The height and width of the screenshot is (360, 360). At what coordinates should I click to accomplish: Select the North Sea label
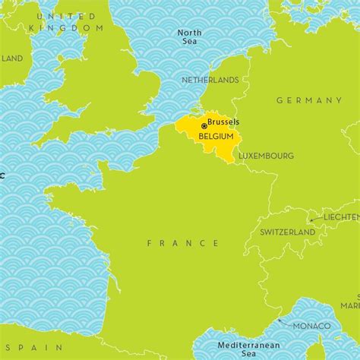pos(189,36)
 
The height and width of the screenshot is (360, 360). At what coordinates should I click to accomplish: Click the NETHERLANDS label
pos(210,80)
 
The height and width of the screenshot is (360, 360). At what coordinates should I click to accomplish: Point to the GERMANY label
pos(309,100)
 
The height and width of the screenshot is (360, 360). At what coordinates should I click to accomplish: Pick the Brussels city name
pos(223,122)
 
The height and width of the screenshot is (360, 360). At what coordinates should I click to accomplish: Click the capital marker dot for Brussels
pos(204,125)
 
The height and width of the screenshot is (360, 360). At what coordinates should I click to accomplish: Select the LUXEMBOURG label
pos(266,156)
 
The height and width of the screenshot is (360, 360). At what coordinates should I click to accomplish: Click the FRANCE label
pos(183,243)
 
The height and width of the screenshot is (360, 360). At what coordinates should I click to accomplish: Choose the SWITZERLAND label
pos(287,232)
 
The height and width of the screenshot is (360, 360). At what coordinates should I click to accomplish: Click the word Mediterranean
pos(241,343)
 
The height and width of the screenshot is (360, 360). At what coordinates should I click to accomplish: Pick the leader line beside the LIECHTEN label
pos(313,219)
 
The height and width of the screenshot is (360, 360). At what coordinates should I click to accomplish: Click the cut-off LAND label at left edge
pos(11,58)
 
